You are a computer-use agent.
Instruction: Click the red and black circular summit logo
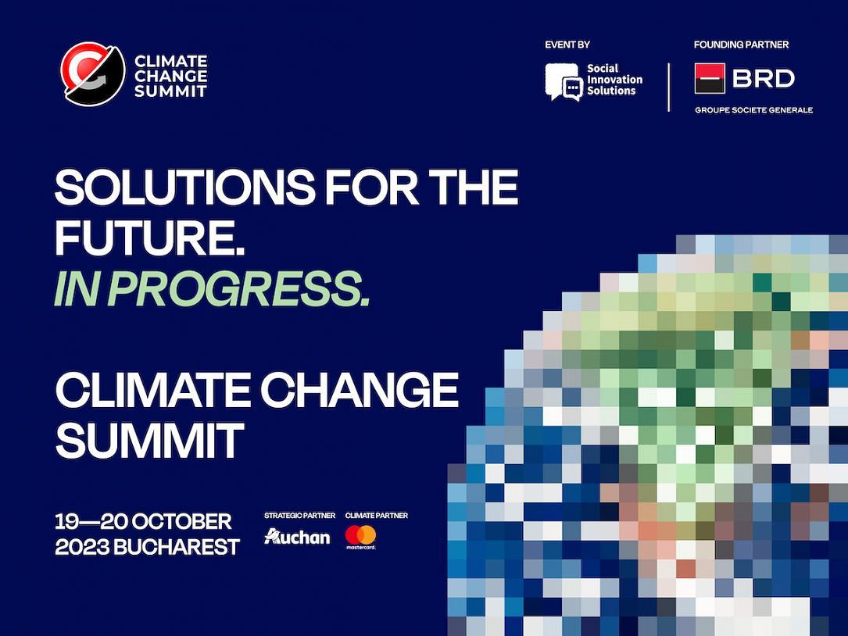[93, 74]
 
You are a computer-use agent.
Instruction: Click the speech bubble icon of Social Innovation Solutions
[563, 81]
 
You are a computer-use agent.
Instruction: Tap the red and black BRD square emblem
[710, 78]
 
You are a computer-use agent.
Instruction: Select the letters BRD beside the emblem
[763, 78]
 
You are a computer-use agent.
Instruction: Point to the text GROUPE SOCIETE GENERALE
[753, 110]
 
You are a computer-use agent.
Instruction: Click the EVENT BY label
[567, 45]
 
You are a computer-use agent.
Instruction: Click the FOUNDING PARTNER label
[741, 45]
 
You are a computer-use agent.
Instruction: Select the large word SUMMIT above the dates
[149, 440]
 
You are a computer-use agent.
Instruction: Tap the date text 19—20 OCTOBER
[143, 521]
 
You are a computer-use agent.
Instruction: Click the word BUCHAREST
[177, 547]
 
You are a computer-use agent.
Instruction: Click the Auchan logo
[297, 537]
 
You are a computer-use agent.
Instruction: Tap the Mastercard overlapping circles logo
[360, 535]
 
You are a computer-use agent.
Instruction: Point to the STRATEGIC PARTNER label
[299, 516]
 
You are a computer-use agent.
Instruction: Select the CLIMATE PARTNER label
[376, 516]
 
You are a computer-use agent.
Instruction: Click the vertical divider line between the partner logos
[669, 88]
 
